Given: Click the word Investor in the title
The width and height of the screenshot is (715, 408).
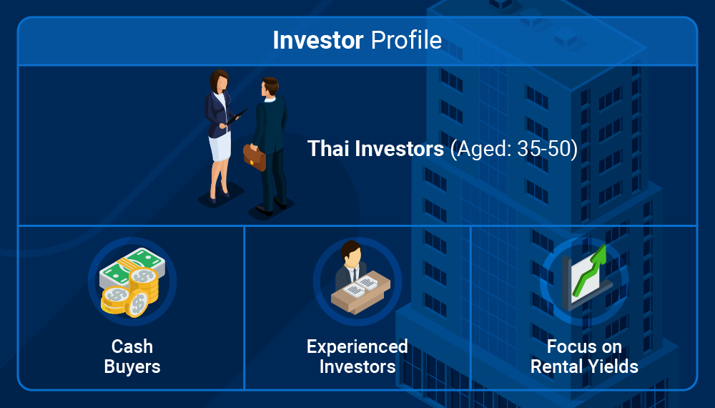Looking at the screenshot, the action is (x=318, y=40).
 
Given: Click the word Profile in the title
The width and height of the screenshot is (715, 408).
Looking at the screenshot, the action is (x=406, y=40).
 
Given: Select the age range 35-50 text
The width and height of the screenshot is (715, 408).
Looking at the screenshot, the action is (x=544, y=149).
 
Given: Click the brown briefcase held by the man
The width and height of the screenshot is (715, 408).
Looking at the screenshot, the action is (x=255, y=157).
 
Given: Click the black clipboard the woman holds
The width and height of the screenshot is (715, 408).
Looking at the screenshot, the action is (x=236, y=117).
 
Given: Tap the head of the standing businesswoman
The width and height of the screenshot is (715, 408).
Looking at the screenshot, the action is (x=219, y=81).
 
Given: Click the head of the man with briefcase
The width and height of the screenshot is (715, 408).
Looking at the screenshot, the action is (x=270, y=87).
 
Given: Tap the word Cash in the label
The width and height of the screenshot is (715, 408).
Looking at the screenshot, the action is (x=132, y=346).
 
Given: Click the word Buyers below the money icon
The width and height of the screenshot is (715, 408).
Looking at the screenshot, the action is (x=132, y=366).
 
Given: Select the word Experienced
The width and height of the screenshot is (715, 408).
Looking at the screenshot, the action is (x=357, y=346).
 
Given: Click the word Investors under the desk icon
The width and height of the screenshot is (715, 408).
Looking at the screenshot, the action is (x=357, y=366).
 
